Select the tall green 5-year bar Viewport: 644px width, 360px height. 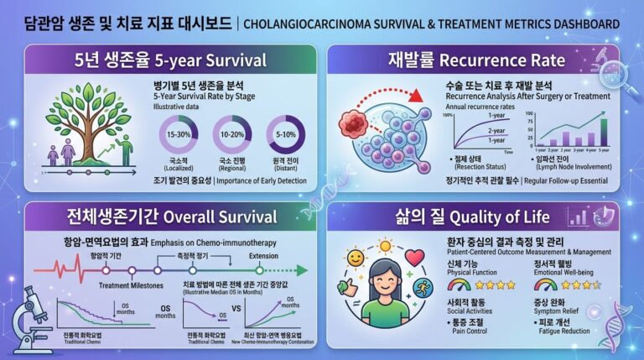coord(604,129)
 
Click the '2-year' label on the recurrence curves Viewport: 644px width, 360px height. coord(496,131)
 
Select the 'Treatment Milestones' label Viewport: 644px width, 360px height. coord(129,284)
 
